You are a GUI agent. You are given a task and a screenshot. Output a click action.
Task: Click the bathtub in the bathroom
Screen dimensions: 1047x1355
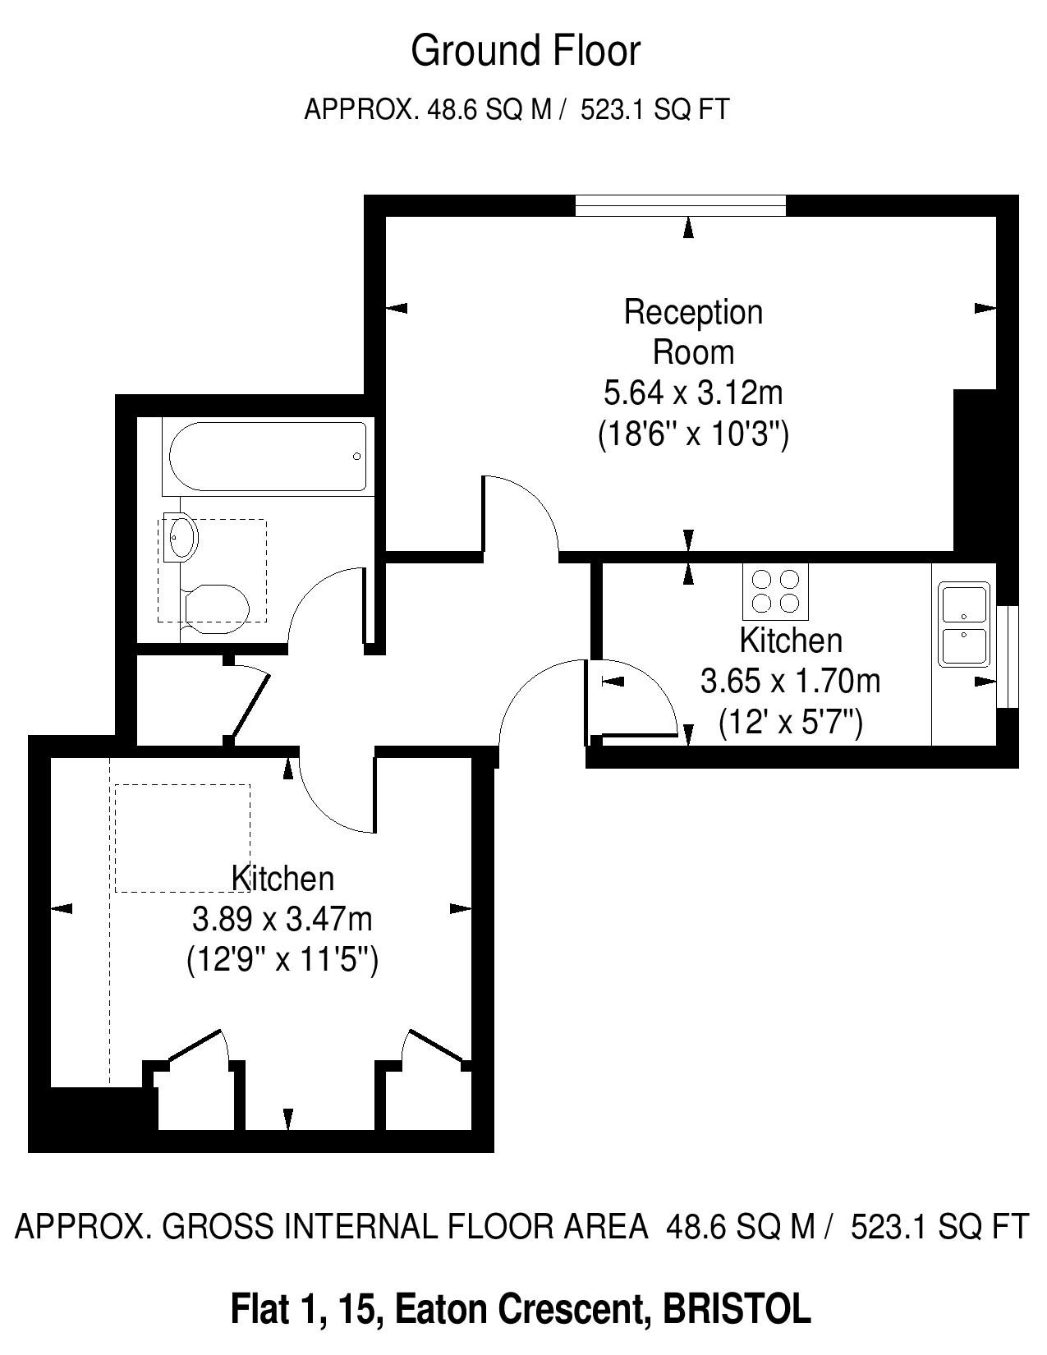(x=269, y=457)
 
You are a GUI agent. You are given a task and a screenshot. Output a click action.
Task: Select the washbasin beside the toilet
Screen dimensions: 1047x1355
(x=181, y=537)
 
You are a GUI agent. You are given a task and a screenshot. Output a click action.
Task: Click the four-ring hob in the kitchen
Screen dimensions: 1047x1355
(x=775, y=591)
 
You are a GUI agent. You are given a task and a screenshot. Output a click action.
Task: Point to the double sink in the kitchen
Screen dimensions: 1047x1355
(x=964, y=624)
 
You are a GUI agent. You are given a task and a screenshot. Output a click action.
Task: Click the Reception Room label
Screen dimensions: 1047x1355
(x=693, y=332)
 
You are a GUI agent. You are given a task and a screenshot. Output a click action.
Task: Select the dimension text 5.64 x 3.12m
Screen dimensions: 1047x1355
(x=693, y=393)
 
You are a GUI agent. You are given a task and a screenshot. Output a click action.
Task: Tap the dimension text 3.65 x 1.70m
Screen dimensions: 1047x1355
(x=790, y=680)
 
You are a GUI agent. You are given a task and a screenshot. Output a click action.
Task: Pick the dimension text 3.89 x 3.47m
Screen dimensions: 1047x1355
(x=282, y=918)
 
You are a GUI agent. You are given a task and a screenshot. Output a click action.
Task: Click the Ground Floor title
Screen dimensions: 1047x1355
(x=526, y=51)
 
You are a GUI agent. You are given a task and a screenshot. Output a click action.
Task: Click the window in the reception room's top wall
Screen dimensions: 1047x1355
(x=680, y=206)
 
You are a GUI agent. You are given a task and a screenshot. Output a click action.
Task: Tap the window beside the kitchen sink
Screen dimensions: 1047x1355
(x=1008, y=657)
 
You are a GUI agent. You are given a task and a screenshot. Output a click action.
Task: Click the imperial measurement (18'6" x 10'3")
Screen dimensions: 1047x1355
(x=693, y=434)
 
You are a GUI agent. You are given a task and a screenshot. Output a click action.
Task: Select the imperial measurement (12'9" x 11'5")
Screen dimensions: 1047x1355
(x=282, y=959)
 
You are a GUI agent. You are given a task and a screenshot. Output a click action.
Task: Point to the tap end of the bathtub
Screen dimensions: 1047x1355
(x=356, y=457)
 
